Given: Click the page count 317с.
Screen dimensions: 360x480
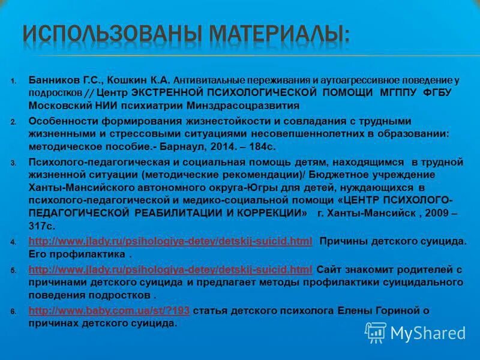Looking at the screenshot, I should [41, 226].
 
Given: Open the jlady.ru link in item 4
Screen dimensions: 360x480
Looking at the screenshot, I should [170, 241].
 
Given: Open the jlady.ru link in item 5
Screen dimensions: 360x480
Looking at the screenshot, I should [170, 269].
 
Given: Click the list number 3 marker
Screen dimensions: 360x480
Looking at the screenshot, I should [13, 163].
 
